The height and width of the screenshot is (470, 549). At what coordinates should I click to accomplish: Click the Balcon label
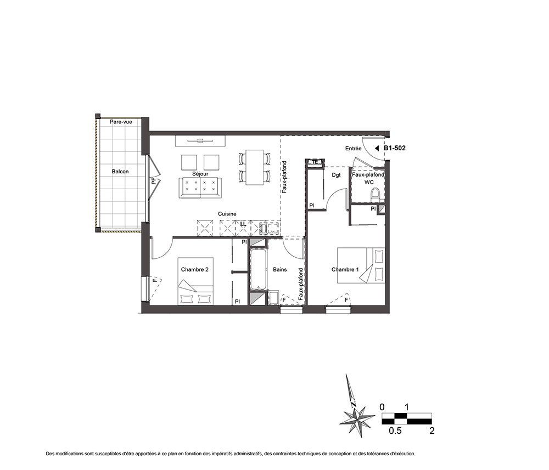(x=120, y=171)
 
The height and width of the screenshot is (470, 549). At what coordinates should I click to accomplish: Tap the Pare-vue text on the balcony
(x=121, y=122)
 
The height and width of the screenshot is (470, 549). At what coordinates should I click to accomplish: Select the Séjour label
(x=200, y=173)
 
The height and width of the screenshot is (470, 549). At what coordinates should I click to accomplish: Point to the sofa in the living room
(x=200, y=188)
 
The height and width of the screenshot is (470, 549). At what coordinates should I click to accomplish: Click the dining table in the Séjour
(x=255, y=167)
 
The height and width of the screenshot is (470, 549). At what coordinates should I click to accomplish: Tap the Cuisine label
(x=227, y=214)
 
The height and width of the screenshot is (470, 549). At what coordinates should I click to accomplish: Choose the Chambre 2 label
(x=195, y=269)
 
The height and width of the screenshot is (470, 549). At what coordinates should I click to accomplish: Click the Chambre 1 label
(x=345, y=269)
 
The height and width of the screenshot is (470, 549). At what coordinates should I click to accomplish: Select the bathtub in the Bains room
(x=258, y=269)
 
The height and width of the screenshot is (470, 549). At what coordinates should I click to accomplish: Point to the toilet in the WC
(x=376, y=195)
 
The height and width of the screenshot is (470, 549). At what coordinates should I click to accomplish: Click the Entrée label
(x=353, y=149)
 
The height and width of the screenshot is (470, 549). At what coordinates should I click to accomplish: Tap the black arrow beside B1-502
(x=377, y=148)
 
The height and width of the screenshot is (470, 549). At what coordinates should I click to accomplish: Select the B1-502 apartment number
(x=395, y=148)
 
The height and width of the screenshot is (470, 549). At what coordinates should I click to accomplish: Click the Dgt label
(x=336, y=175)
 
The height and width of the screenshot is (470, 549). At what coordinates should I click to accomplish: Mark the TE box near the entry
(x=315, y=162)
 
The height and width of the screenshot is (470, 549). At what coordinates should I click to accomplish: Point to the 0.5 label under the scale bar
(x=395, y=431)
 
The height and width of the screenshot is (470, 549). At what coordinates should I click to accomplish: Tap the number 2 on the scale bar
(x=432, y=431)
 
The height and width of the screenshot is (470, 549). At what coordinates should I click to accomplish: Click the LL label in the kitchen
(x=243, y=223)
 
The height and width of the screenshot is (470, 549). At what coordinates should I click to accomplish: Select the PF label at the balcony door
(x=153, y=181)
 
